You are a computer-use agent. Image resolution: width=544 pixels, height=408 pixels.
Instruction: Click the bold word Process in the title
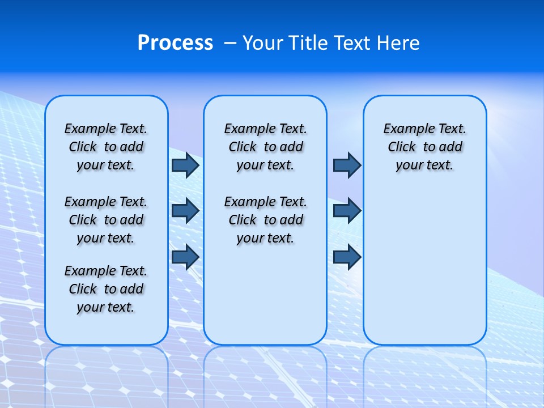pos(175,43)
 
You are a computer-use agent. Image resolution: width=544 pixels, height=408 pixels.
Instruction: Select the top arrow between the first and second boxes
pos(185,165)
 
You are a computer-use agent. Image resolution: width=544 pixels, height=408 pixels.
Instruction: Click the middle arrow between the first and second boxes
pos(185,211)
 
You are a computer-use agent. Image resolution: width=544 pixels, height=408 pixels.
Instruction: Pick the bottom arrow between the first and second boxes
pos(185,257)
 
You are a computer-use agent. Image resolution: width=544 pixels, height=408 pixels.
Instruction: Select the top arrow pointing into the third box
pos(347,165)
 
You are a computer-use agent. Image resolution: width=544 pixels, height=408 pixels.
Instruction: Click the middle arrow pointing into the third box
pos(347,211)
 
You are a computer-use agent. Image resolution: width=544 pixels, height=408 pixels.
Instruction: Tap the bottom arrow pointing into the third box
pos(347,257)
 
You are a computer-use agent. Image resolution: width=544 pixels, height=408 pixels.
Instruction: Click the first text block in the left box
pos(106,147)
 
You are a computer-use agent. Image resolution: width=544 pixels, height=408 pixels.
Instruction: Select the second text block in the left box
pos(106,220)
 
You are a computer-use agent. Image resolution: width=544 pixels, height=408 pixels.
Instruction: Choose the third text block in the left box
pos(106,289)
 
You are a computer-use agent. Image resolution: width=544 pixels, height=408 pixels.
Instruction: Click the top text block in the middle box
pos(265,147)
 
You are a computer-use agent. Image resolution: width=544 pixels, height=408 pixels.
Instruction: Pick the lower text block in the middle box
pos(265,220)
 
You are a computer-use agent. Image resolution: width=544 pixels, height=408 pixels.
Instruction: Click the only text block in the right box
pos(424,147)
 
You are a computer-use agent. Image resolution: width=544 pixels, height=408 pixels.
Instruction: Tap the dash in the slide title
pos(230,43)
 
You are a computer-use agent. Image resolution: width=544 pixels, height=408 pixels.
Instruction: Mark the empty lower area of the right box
pos(424,266)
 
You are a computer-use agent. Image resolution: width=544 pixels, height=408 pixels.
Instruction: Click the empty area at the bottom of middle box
pos(265,300)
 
